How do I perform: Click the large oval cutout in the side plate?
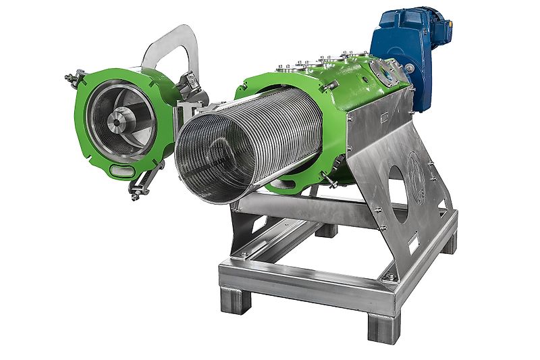pos(398,182)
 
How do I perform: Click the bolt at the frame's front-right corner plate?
pos(389,278)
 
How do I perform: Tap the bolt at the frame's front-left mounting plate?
pos(244,254)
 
